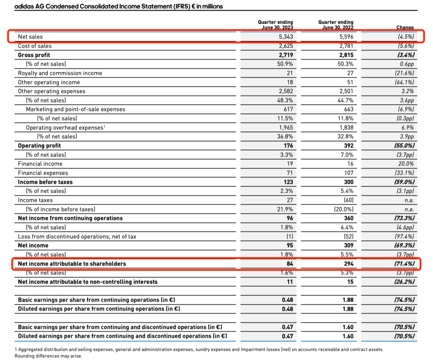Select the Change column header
pyautogui.click(x=405, y=28)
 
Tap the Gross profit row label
pyautogui.click(x=34, y=55)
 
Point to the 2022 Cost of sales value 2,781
pyautogui.click(x=346, y=46)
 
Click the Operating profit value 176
pyautogui.click(x=288, y=146)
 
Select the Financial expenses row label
pyautogui.click(x=43, y=173)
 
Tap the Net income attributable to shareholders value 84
pyautogui.click(x=289, y=264)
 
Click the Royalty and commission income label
pyautogui.click(x=60, y=73)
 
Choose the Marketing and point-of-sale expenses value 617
pyautogui.click(x=287, y=109)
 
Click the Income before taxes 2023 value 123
pyautogui.click(x=288, y=182)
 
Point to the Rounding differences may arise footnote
pyautogui.click(x=49, y=356)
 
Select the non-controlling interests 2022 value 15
pyautogui.click(x=350, y=282)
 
